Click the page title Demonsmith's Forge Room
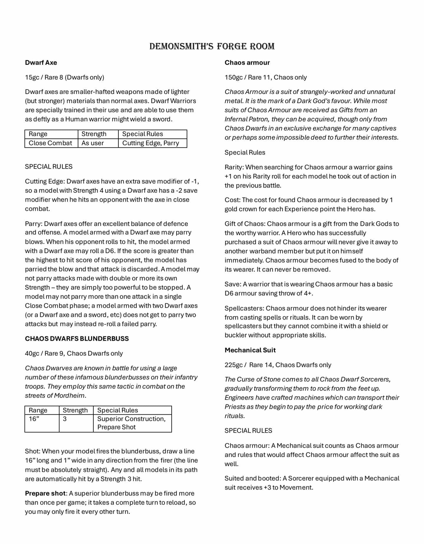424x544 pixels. click(x=212, y=46)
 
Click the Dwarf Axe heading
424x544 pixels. click(x=41, y=62)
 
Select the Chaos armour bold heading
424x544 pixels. click(x=247, y=62)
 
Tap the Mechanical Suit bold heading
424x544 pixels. click(x=250, y=350)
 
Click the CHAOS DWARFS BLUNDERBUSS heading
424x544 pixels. click(x=77, y=339)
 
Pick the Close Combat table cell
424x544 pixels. click(x=50, y=143)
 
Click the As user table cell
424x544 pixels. click(x=93, y=143)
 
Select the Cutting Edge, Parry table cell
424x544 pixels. click(x=150, y=143)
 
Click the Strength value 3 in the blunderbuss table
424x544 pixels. click(x=65, y=419)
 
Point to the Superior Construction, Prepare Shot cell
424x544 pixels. click(x=131, y=423)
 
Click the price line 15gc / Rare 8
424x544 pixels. click(x=64, y=77)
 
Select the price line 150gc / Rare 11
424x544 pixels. click(x=266, y=77)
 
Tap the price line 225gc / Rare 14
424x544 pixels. click(x=278, y=365)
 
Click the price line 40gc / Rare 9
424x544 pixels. click(x=74, y=353)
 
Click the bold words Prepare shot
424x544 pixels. click(x=45, y=493)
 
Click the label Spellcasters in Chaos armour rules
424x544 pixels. click(x=244, y=308)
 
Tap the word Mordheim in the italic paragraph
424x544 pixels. click(x=69, y=395)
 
